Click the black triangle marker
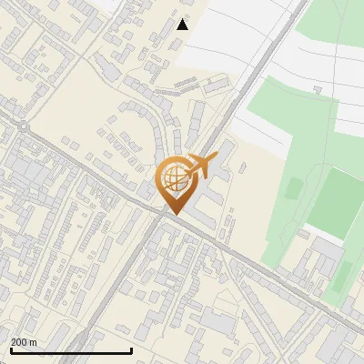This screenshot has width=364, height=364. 183,25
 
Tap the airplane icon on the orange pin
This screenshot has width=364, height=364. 201,165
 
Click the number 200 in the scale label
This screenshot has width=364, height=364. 19,342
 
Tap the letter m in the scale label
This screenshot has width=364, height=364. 33,342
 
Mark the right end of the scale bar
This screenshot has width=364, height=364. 132,350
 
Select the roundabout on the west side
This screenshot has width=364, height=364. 23,128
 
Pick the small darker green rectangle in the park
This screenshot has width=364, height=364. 293,188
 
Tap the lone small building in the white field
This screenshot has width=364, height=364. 318,88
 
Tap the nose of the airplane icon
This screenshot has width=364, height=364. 215,158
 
